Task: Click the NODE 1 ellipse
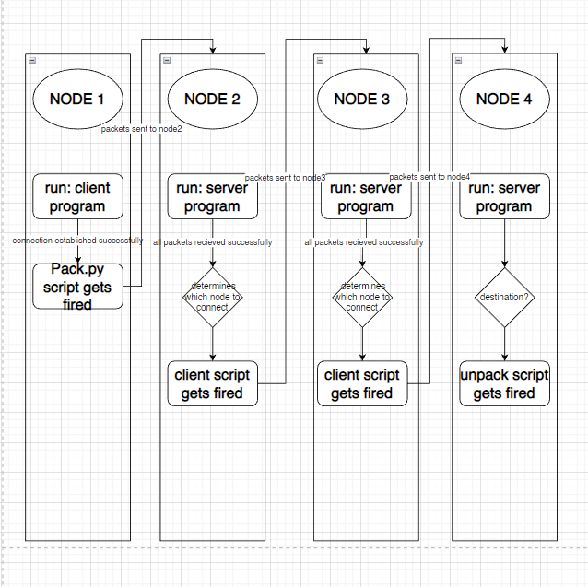pyautogui.click(x=77, y=99)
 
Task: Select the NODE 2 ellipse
pyautogui.click(x=213, y=99)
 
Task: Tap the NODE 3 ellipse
pyautogui.click(x=362, y=99)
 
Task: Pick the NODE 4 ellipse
pyautogui.click(x=504, y=99)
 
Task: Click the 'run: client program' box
pyautogui.click(x=77, y=196)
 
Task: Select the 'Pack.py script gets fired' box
pyautogui.click(x=77, y=286)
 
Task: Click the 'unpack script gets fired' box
pyautogui.click(x=504, y=383)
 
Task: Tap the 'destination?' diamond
pyautogui.click(x=504, y=298)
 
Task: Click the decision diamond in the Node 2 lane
pyautogui.click(x=213, y=298)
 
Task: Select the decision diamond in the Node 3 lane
pyautogui.click(x=362, y=298)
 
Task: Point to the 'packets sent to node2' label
pyautogui.click(x=142, y=129)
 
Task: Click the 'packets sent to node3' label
pyautogui.click(x=286, y=177)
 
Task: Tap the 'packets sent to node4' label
pyautogui.click(x=429, y=176)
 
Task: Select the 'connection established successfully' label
pyautogui.click(x=77, y=241)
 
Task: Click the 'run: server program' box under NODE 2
pyautogui.click(x=213, y=196)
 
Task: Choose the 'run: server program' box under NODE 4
pyautogui.click(x=504, y=196)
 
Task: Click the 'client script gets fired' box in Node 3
pyautogui.click(x=362, y=383)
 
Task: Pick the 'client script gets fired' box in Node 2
pyautogui.click(x=213, y=383)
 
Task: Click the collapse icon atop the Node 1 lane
pyautogui.click(x=32, y=60)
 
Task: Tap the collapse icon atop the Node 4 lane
pyautogui.click(x=458, y=60)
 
